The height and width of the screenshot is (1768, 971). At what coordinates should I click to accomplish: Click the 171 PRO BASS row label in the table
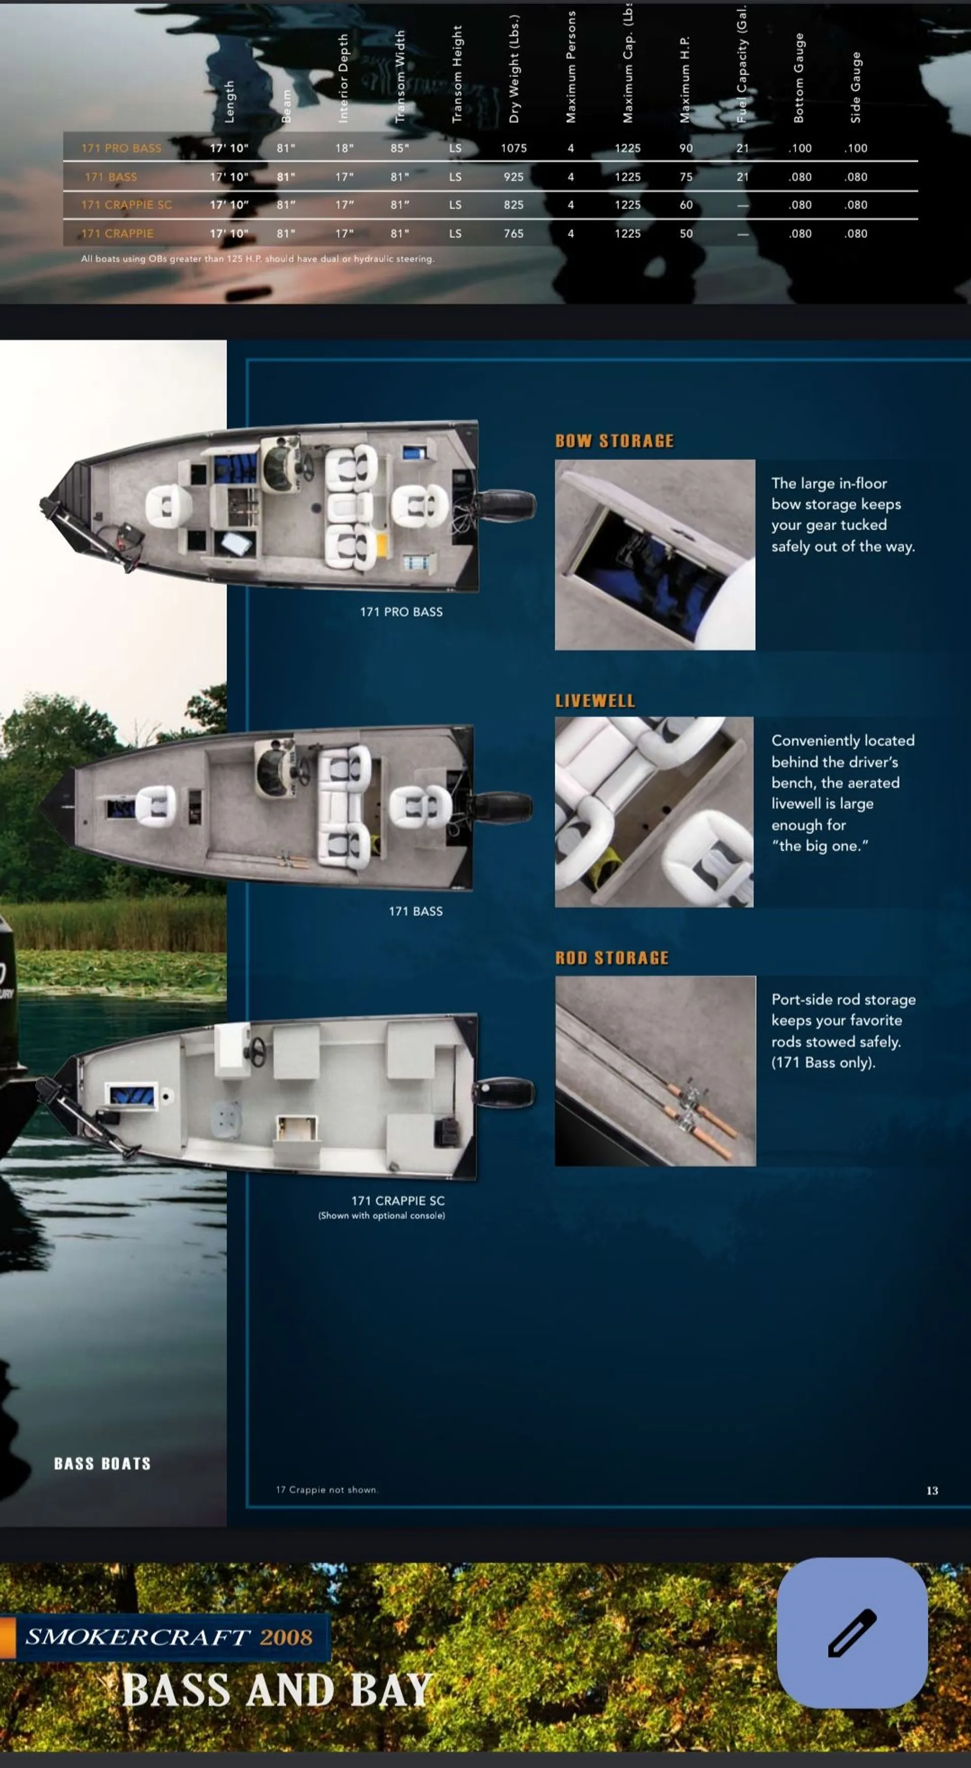click(121, 148)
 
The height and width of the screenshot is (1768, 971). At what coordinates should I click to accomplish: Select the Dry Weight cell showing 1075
click(513, 148)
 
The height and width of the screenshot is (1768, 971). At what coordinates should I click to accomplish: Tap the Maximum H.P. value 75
click(686, 177)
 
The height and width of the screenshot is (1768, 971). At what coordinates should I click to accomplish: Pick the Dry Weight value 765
click(513, 233)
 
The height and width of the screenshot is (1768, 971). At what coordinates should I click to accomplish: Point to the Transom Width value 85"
click(400, 148)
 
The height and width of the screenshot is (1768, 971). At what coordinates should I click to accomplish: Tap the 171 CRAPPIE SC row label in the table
click(126, 204)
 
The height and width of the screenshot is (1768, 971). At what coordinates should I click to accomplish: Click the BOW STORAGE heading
click(614, 441)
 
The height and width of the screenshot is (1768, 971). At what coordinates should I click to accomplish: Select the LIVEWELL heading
click(595, 701)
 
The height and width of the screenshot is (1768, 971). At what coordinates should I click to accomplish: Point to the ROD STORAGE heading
click(611, 958)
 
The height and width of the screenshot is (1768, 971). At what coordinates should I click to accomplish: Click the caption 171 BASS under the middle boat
click(415, 912)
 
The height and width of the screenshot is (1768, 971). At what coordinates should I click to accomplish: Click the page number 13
click(932, 1491)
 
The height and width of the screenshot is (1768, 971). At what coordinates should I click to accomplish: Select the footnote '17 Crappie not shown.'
click(327, 1490)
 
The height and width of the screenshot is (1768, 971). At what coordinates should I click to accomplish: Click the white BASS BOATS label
click(102, 1464)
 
